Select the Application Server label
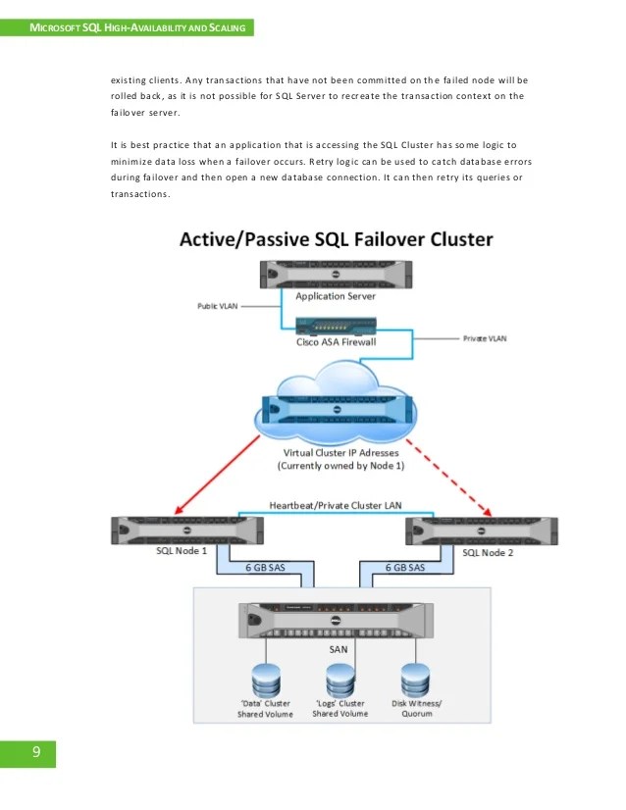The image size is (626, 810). (335, 295)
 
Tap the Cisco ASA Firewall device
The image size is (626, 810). (336, 325)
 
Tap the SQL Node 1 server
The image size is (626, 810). (187, 530)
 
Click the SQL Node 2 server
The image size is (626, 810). (481, 530)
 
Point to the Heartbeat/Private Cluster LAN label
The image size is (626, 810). (335, 505)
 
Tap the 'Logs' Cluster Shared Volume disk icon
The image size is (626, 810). (339, 678)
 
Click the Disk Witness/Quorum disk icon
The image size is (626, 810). (413, 678)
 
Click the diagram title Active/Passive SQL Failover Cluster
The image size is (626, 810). (336, 240)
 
